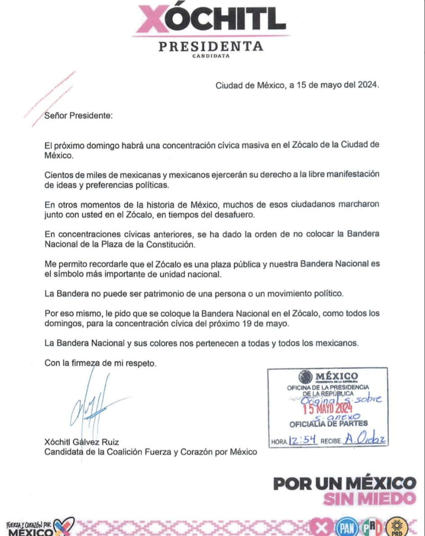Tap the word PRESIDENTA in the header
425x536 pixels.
click(x=211, y=47)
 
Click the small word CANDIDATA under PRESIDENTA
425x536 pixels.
click(x=211, y=57)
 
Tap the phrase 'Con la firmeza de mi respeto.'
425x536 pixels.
click(x=101, y=363)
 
